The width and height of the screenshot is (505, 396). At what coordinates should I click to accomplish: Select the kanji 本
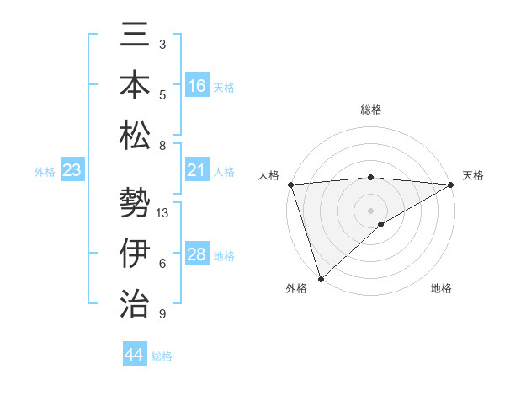pos(135,86)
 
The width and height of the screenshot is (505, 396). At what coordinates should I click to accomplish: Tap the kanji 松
pos(135,134)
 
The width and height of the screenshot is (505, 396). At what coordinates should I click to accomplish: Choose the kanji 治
pos(135,302)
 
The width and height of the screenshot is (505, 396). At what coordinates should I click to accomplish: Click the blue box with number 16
pos(197,85)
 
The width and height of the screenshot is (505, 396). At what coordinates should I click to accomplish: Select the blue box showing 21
pos(197,170)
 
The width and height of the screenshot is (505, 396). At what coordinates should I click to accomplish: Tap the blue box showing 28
pos(197,254)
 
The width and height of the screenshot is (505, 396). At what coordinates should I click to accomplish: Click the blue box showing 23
pos(72,171)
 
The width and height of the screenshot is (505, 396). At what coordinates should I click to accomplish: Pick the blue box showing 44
pos(135,356)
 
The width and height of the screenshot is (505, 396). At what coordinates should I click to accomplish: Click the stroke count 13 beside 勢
pos(163,213)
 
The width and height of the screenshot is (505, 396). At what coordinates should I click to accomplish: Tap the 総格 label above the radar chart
pos(370,110)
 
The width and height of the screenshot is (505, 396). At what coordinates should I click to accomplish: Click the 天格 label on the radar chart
pos(473,175)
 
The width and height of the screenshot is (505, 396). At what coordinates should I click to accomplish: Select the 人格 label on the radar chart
pos(268,175)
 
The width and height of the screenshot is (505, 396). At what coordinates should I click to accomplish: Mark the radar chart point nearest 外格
pos(321,278)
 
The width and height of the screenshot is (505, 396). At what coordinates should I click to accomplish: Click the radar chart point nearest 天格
pos(452,185)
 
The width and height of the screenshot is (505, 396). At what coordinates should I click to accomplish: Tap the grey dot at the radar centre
pos(370,210)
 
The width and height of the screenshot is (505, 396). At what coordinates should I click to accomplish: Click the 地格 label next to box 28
pos(224,255)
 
